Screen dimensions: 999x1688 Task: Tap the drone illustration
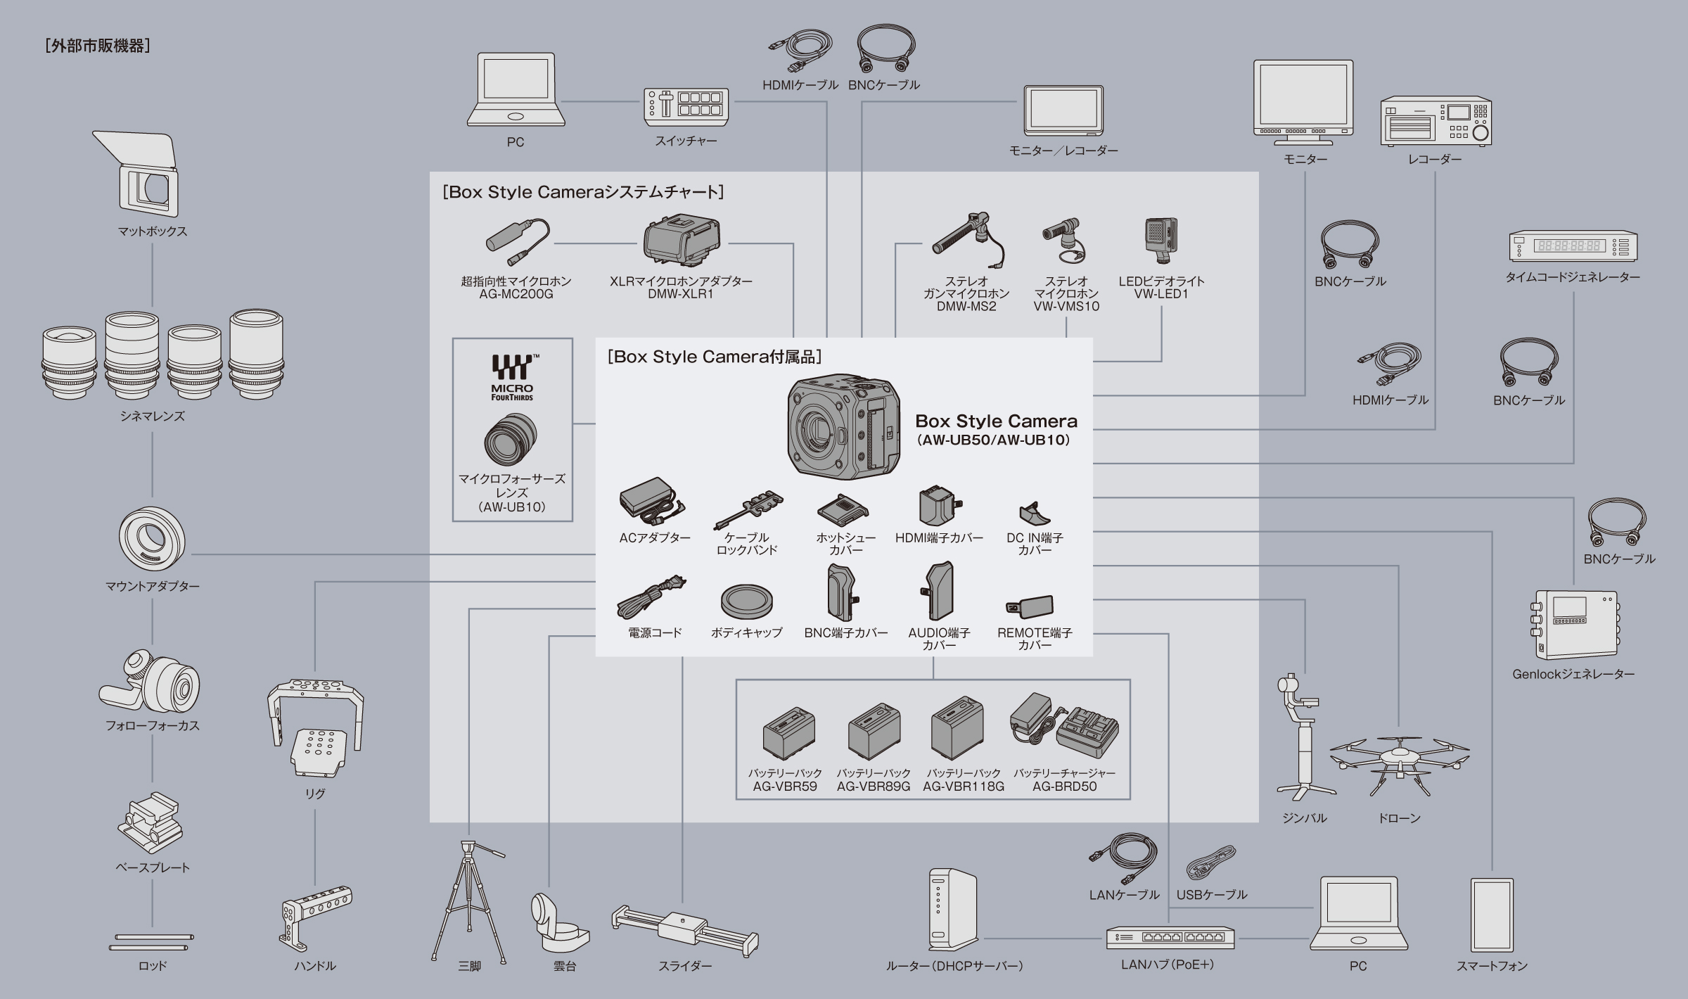[1398, 763]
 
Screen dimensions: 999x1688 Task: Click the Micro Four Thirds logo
[512, 377]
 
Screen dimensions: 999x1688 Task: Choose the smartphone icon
[1492, 914]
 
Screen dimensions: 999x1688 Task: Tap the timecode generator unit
[1573, 247]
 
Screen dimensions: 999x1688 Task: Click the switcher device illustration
[686, 107]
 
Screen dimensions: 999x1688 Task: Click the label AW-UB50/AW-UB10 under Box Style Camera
[996, 440]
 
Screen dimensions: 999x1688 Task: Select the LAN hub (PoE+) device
[1170, 938]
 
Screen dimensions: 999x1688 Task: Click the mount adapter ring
[152, 538]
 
